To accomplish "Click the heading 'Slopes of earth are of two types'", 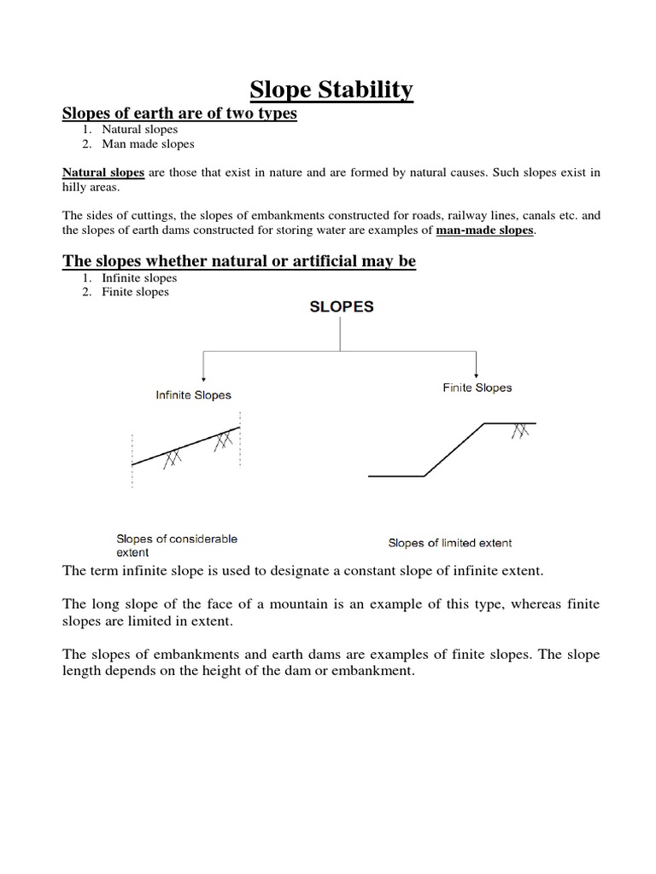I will (x=179, y=114).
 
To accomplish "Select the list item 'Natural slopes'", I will (x=140, y=130).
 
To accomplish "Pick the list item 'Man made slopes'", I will (x=148, y=144).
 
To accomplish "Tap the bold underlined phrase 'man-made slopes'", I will (x=485, y=230).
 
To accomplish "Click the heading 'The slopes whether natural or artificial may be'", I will (x=239, y=261).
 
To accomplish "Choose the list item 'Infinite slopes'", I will (x=139, y=278).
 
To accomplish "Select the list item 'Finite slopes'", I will (x=135, y=292).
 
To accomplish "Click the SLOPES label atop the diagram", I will (x=341, y=307).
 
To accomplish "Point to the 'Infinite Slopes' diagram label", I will (x=193, y=395).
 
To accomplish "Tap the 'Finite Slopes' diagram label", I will (x=477, y=387).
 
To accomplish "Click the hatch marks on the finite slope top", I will (x=519, y=432).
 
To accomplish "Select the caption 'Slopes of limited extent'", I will (x=450, y=543).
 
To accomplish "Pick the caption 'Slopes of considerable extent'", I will (x=177, y=545).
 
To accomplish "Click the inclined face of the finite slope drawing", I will (x=454, y=450).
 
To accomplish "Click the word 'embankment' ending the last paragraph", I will (x=376, y=672).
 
